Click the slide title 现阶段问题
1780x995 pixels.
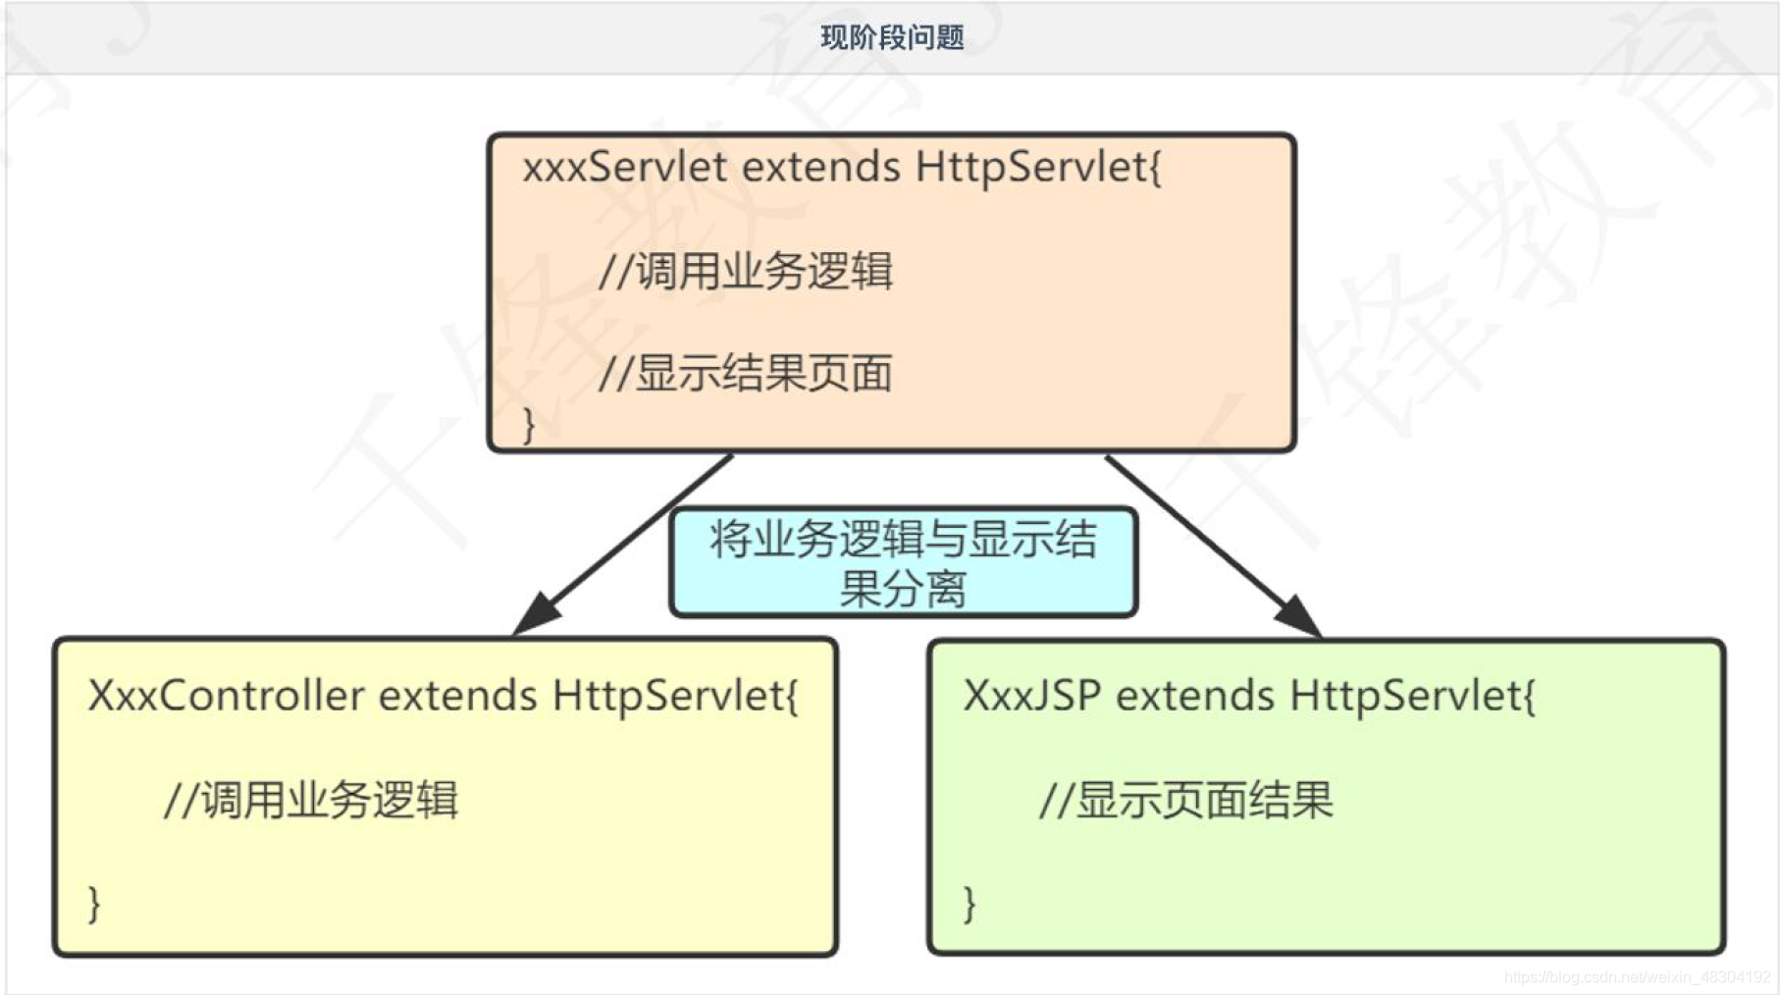(892, 38)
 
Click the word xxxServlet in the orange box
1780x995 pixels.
(625, 167)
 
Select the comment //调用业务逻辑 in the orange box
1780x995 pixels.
(746, 272)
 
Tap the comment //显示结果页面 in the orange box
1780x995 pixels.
(746, 374)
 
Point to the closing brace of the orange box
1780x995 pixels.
(529, 425)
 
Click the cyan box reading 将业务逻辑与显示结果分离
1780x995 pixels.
(903, 562)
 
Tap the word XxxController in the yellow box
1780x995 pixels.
(226, 696)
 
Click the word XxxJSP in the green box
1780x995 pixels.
(1031, 696)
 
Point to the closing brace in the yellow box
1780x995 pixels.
(94, 903)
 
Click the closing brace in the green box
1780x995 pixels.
(969, 903)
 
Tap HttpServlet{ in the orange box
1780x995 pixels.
(1038, 167)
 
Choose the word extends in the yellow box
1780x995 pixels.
(457, 696)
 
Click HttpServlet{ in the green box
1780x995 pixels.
(1412, 696)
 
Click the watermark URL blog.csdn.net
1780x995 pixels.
(1637, 977)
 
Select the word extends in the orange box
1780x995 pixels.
(820, 167)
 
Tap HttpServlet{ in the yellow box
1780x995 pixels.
(675, 696)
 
